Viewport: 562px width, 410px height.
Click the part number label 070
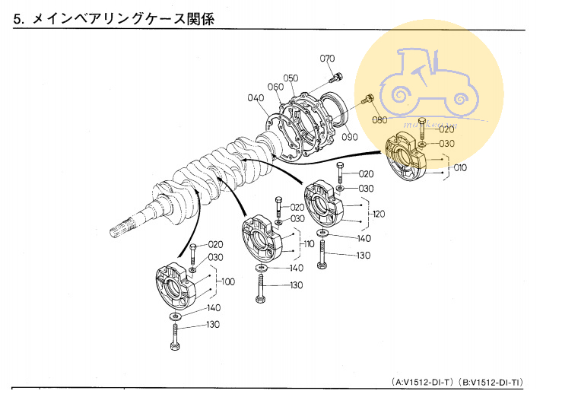[327, 59]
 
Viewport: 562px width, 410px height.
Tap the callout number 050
[291, 78]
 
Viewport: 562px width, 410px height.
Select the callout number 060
[275, 87]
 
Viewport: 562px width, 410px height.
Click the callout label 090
[349, 137]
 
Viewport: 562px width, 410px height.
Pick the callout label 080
[379, 120]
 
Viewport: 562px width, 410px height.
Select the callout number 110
[308, 244]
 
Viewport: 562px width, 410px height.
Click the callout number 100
[227, 282]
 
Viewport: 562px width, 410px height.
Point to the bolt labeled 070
[336, 77]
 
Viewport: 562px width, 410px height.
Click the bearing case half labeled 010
[411, 158]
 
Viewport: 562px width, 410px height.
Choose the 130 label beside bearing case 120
[363, 256]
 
